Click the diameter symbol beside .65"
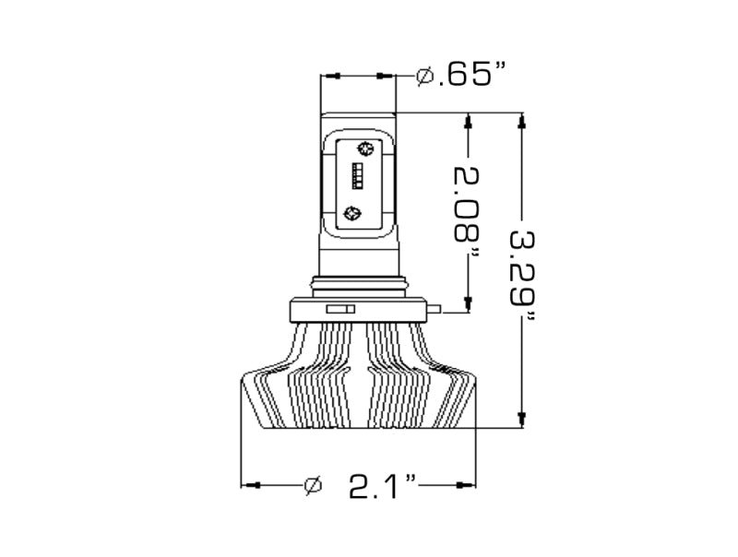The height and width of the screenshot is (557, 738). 425,76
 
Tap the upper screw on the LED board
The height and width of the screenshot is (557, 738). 364,149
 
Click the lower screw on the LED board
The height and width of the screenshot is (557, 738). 351,213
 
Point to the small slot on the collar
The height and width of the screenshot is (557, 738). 341,309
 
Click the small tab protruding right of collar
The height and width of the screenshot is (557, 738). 435,309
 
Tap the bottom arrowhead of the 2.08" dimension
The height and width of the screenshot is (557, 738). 469,303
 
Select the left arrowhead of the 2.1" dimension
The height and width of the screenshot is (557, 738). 249,484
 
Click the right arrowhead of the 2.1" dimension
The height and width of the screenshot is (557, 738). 469,484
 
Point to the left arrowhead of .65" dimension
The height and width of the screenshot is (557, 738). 328,76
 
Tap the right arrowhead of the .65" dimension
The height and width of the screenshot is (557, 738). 388,76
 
